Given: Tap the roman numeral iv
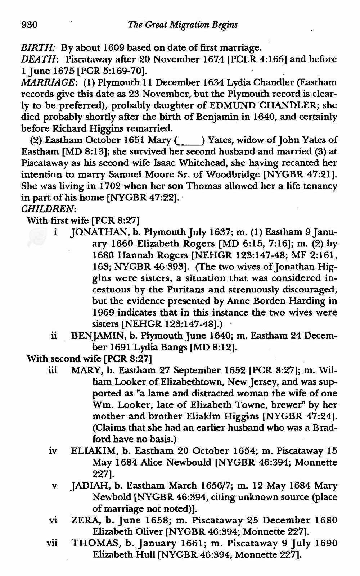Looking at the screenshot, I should click(53, 451).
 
